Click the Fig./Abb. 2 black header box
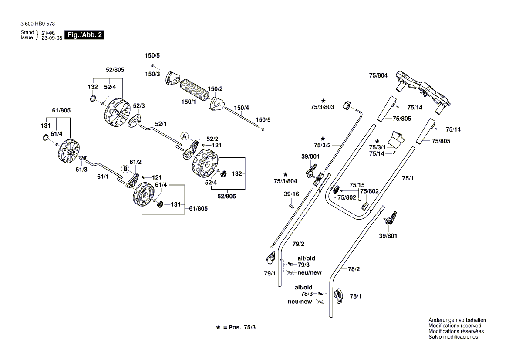point(84,35)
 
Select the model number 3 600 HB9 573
point(37,24)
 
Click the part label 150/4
point(241,108)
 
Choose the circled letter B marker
point(125,169)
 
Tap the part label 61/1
point(103,177)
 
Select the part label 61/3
point(81,169)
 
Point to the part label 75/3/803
point(323,107)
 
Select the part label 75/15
point(357,185)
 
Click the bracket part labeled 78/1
point(339,296)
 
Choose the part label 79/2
point(298,244)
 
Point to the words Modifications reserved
point(455,326)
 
